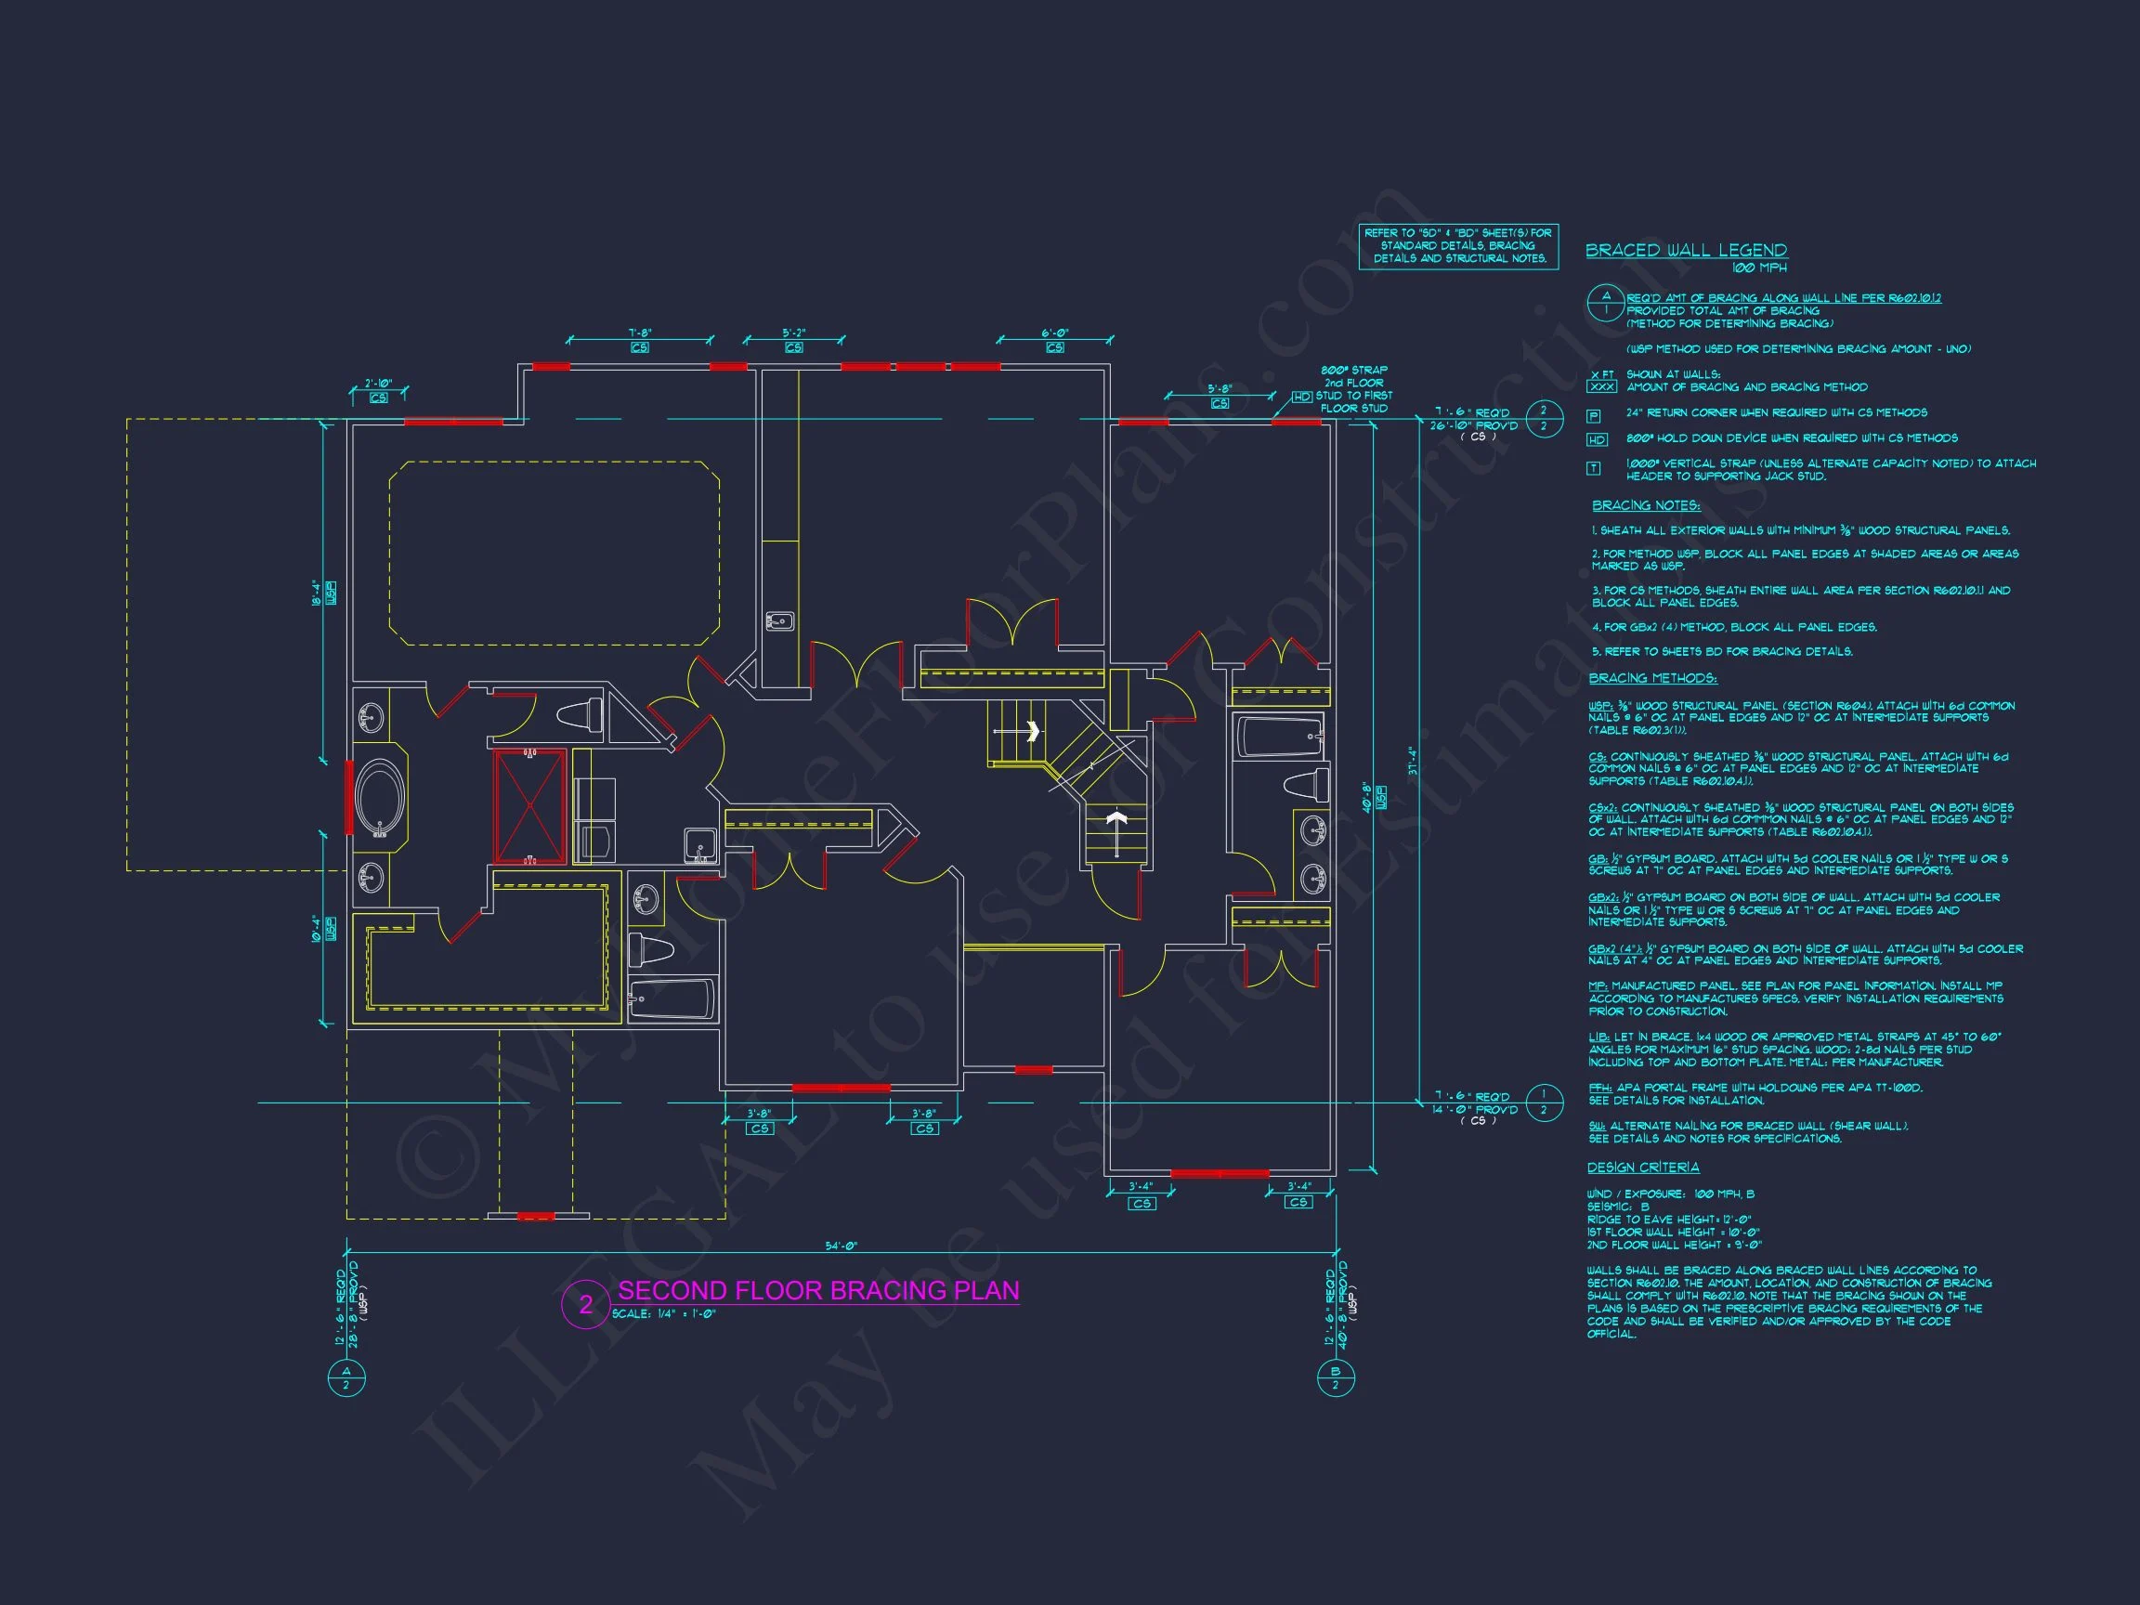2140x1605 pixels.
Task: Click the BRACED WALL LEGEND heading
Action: point(1686,251)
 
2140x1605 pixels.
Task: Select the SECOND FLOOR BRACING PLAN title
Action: point(817,1290)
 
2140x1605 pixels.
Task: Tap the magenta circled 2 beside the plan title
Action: point(585,1304)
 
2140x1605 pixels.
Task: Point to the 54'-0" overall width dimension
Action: point(841,1246)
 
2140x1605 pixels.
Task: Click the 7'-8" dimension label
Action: point(639,333)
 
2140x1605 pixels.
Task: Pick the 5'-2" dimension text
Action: point(794,333)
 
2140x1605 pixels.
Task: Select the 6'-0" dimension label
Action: point(1054,333)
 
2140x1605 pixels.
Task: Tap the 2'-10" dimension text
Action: point(378,383)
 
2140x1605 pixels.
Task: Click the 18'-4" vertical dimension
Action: point(316,592)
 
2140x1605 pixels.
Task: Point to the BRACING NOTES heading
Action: point(1646,506)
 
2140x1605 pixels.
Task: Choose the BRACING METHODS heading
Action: point(1652,678)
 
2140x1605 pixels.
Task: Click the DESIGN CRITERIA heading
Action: point(1643,1168)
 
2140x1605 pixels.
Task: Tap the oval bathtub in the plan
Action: point(379,797)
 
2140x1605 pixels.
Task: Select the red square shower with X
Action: point(529,805)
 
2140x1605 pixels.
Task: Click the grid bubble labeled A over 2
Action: point(346,1377)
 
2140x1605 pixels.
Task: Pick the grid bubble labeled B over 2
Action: point(1335,1377)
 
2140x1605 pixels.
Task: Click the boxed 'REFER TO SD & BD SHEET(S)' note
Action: point(1458,246)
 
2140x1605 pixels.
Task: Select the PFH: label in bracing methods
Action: point(1599,1088)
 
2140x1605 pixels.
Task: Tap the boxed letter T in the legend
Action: point(1594,468)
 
